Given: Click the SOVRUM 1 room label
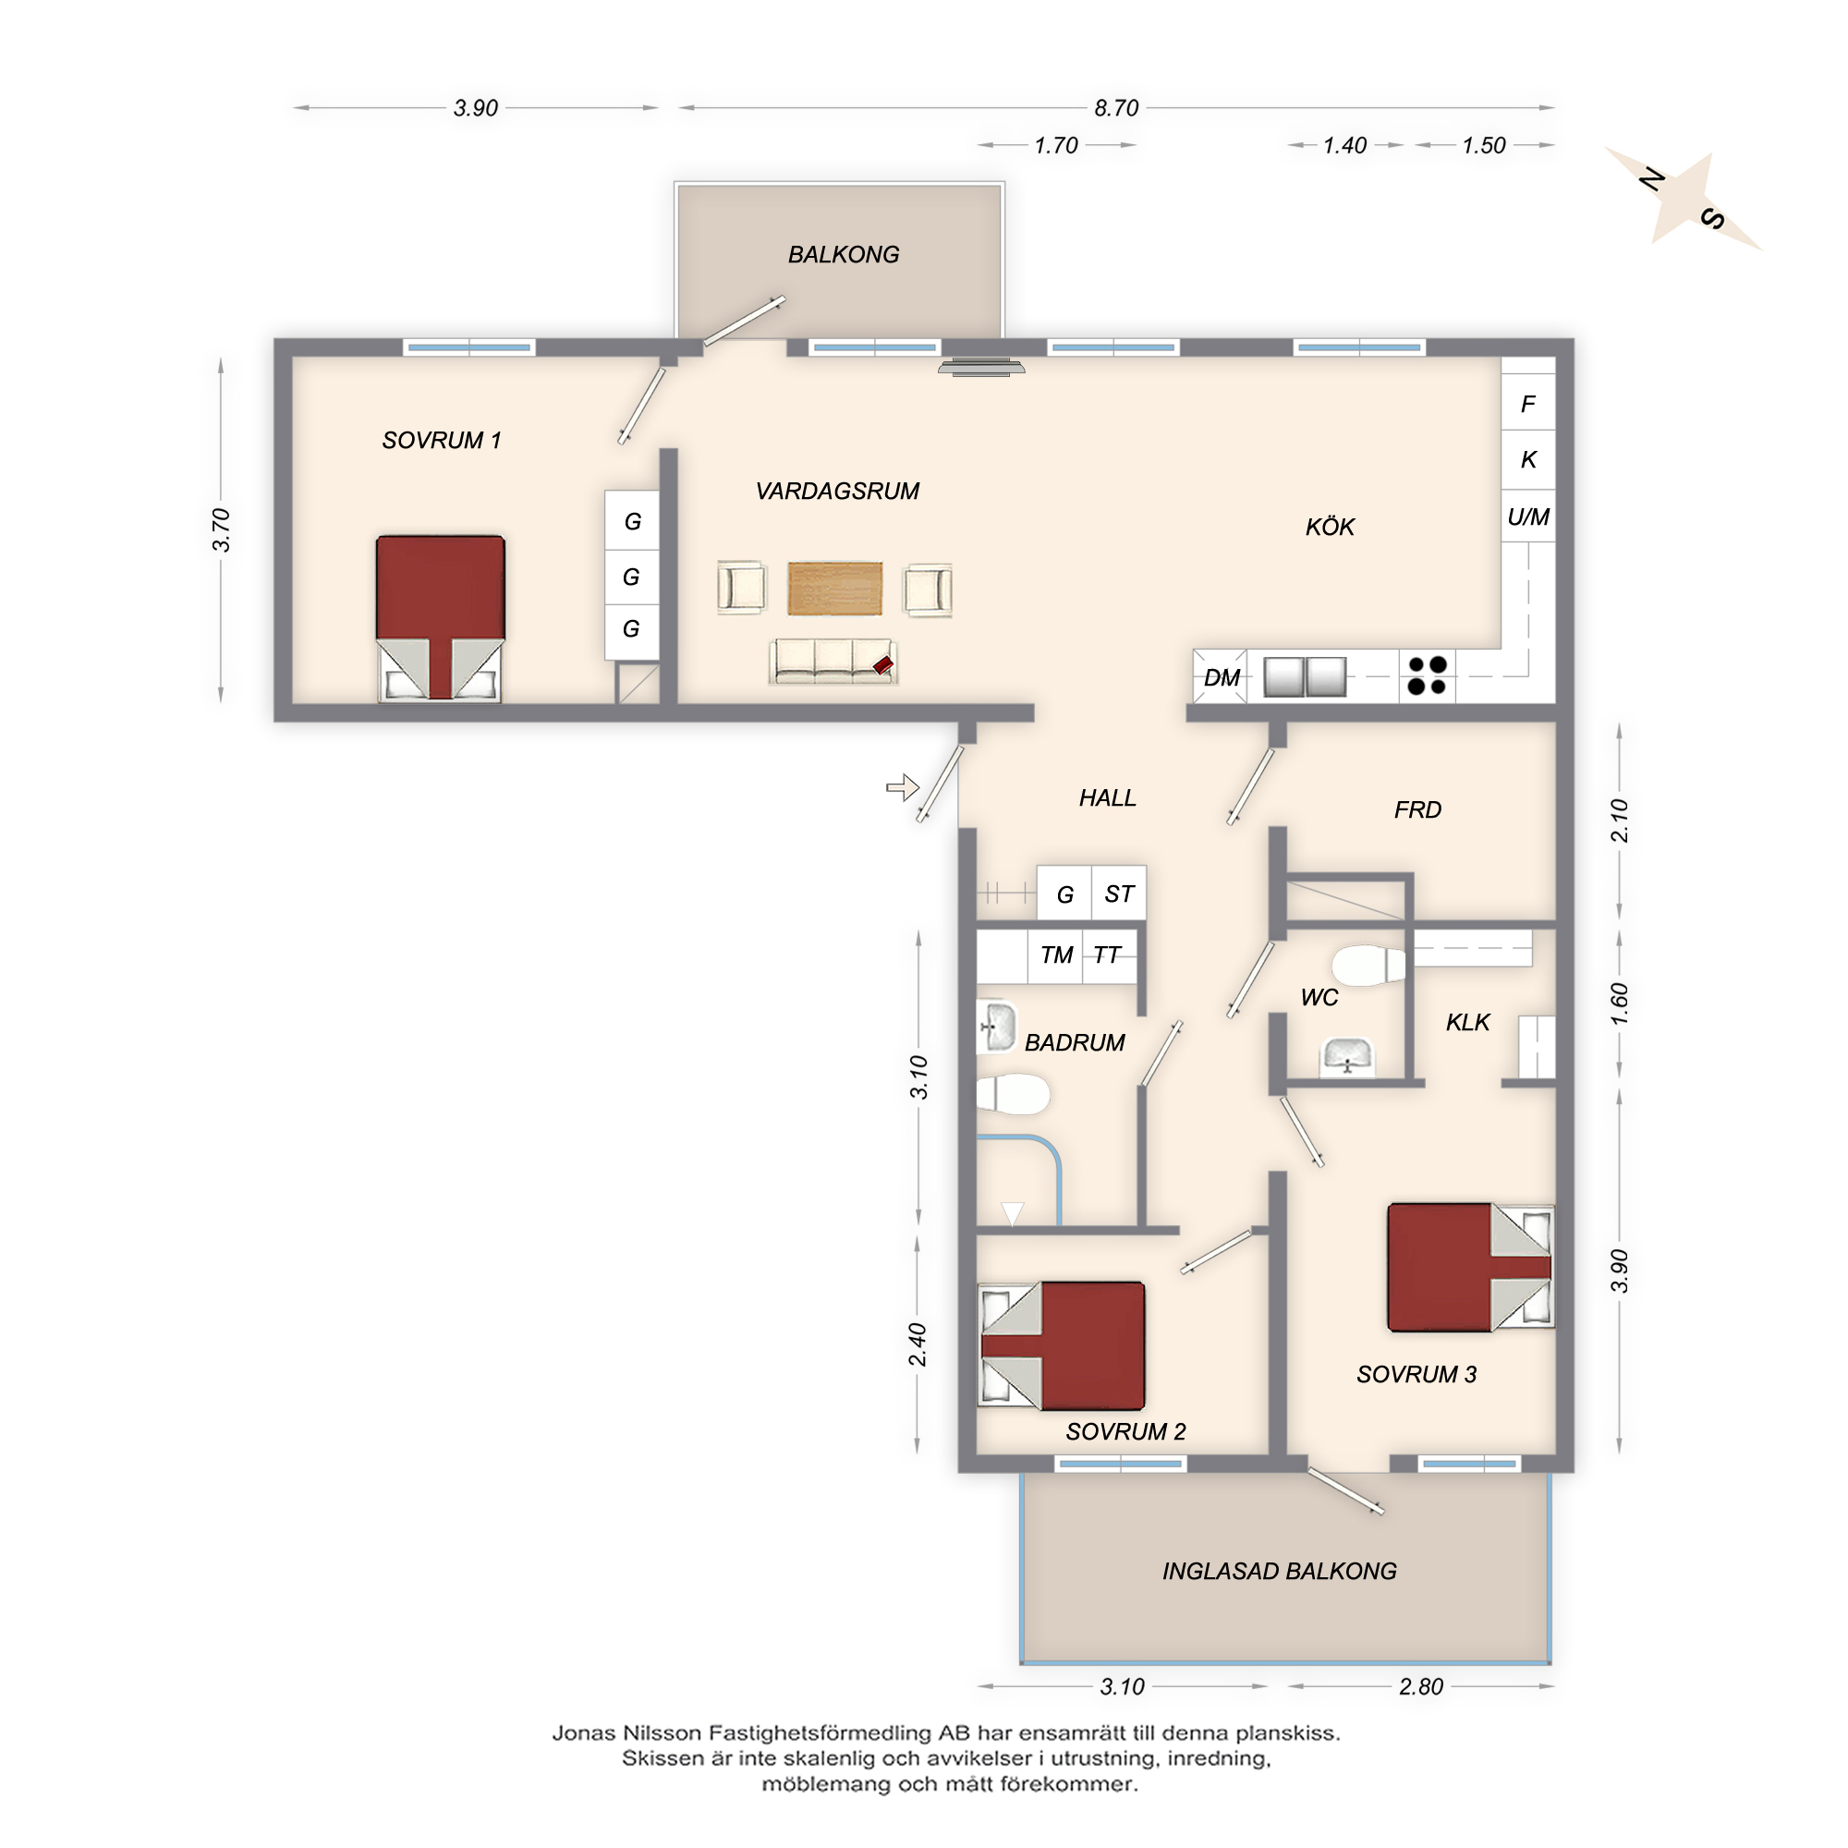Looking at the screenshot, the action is (441, 441).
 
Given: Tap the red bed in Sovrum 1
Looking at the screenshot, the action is (440, 617).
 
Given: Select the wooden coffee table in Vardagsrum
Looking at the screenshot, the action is (835, 589).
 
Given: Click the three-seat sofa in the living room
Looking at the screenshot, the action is (833, 661).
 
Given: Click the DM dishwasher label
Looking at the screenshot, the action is (1222, 678).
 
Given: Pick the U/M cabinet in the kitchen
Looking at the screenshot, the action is (1527, 517).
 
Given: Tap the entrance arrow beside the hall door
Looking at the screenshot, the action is (902, 788).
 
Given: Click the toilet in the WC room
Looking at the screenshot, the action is (1368, 966).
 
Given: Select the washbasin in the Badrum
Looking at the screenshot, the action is (997, 1027).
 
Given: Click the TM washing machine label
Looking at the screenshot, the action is (1056, 954).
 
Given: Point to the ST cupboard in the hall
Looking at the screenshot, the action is (1119, 894).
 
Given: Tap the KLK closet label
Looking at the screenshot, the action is (1467, 1023).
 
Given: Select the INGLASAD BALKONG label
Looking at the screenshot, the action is (1279, 1571).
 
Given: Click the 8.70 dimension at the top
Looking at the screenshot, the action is (1116, 108).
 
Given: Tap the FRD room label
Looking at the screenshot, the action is (1417, 810).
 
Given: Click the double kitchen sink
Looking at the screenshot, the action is (1305, 676).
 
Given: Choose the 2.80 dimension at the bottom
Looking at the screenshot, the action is (1420, 1686).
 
